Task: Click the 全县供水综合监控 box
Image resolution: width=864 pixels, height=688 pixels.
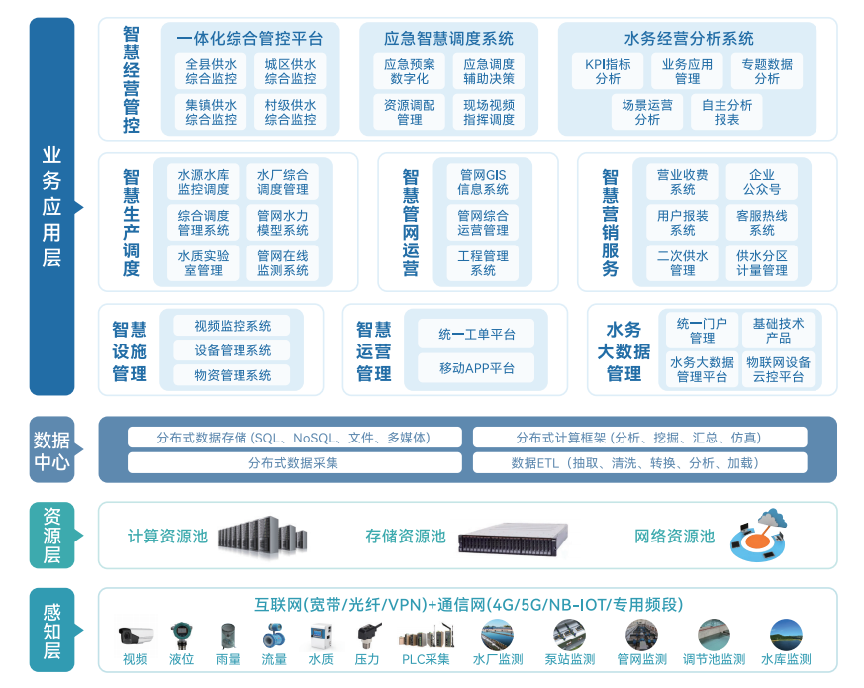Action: point(211,71)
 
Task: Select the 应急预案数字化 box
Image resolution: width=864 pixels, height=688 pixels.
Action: point(410,71)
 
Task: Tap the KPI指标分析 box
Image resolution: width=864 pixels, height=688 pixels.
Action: point(608,71)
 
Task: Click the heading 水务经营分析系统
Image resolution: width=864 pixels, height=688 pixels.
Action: point(689,39)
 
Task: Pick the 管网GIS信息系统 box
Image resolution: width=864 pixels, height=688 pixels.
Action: point(483,181)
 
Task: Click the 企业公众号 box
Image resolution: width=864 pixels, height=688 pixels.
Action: point(761,181)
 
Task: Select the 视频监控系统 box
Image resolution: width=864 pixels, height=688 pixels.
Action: point(233,326)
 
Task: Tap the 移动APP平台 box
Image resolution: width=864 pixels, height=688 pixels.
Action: point(476,368)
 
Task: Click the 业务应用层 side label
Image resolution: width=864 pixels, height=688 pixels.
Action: point(51,207)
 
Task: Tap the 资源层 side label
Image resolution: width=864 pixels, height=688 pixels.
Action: point(51,535)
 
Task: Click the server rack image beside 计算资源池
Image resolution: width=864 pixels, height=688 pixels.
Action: point(262,536)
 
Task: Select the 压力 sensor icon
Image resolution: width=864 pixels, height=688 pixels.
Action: point(367,635)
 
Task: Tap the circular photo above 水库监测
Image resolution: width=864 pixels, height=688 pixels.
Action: point(786,635)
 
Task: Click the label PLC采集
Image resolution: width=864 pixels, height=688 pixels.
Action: point(426,659)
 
